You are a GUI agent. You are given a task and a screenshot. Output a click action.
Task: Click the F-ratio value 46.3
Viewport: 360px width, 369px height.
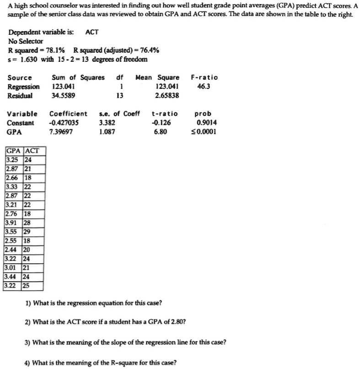(x=203, y=87)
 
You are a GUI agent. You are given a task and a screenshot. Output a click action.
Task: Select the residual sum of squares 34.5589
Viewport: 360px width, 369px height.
(x=64, y=96)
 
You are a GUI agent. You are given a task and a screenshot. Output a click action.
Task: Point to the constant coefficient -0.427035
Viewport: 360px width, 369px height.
(x=64, y=123)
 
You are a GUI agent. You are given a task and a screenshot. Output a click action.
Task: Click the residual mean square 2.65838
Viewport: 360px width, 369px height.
(x=167, y=96)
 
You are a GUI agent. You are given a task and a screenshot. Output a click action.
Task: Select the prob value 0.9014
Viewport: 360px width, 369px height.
(x=207, y=123)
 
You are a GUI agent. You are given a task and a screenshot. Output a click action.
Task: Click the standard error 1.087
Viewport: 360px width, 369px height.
(x=107, y=132)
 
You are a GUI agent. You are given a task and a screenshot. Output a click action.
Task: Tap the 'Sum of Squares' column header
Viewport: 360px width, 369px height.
(x=78, y=77)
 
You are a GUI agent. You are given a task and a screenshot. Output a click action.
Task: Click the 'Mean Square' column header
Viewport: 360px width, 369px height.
(x=157, y=77)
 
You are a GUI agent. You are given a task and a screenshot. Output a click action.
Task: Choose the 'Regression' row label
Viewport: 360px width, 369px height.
(x=23, y=87)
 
